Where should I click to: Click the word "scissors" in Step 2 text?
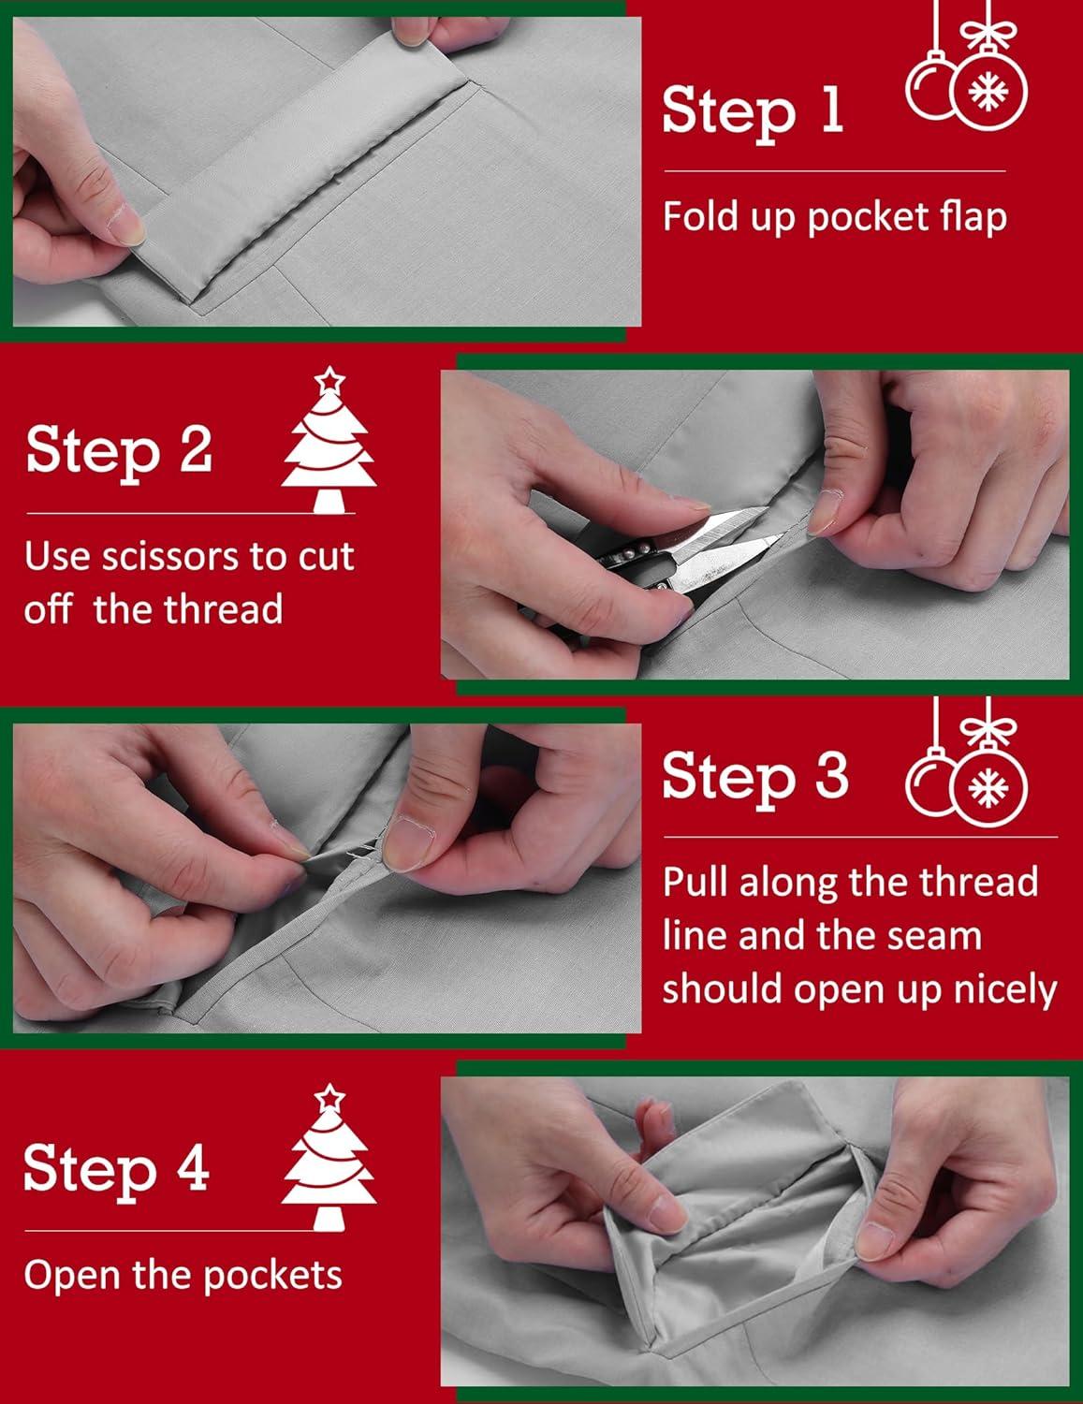point(170,556)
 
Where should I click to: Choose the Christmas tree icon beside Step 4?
point(329,1157)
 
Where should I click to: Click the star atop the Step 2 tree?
point(329,379)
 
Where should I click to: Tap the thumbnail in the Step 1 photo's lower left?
point(124,224)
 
